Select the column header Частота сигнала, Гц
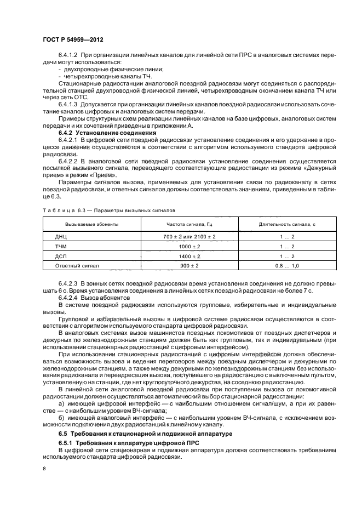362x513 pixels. (188, 224)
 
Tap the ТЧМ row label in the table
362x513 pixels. (61, 246)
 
